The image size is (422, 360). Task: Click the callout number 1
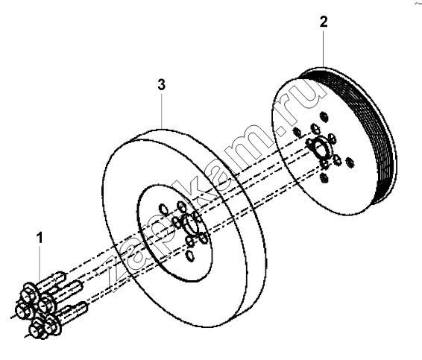(x=40, y=238)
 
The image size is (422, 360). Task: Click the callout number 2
(x=324, y=22)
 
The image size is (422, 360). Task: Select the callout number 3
(x=161, y=85)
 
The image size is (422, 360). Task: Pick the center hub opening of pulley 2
(x=319, y=150)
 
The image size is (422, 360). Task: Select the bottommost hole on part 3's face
(x=190, y=256)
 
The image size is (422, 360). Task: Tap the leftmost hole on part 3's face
(x=163, y=209)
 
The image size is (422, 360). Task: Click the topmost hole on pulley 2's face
(x=324, y=117)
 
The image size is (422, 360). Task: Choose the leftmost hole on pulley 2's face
(x=297, y=132)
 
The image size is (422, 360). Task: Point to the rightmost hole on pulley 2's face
(x=350, y=162)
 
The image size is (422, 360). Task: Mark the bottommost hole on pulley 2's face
(x=324, y=178)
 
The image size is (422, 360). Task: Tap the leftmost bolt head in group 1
(x=24, y=310)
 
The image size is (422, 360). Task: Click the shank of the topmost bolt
(x=53, y=280)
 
